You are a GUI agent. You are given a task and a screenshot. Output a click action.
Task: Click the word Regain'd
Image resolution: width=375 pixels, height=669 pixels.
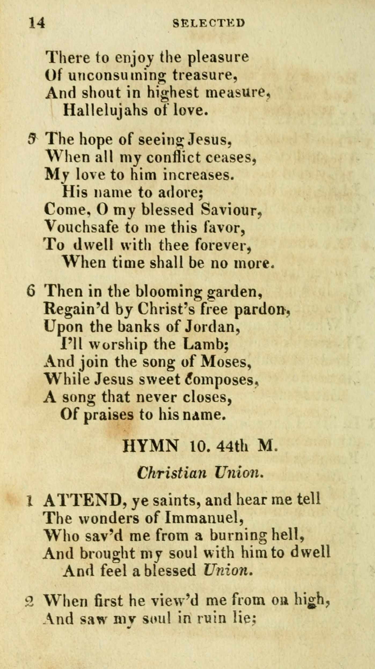click(77, 310)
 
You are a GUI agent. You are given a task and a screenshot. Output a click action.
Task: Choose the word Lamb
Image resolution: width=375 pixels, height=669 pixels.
click(205, 345)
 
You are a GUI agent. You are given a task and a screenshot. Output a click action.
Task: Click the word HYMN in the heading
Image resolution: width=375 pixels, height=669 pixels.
click(150, 447)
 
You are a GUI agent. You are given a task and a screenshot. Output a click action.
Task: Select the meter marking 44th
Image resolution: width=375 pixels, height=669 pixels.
click(232, 447)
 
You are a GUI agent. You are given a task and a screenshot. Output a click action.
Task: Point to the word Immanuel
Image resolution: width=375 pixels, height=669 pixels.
click(203, 518)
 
